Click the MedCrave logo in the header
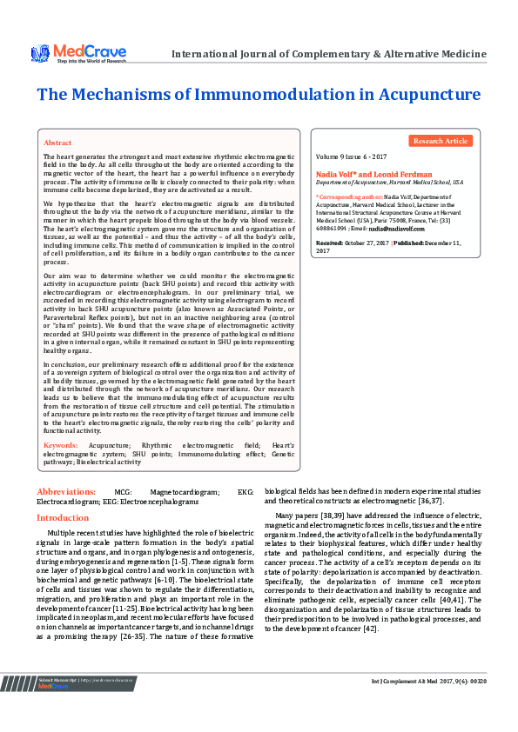pos(78,53)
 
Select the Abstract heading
pos(57,142)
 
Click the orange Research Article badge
pos(440,140)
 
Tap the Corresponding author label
pos(346,198)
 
